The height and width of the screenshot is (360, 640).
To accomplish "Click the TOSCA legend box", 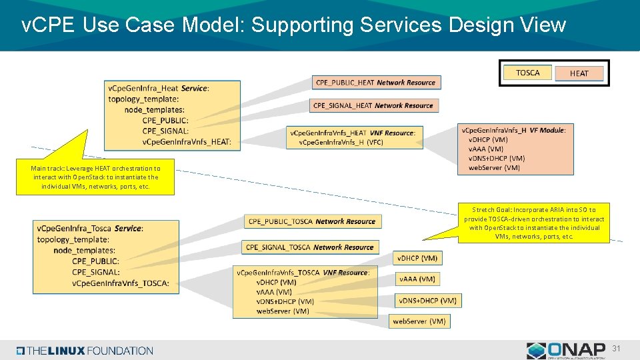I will (528, 73).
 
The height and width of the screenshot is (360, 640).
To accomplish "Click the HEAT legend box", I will (579, 73).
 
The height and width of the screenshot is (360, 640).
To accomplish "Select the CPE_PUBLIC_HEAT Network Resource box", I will (376, 83).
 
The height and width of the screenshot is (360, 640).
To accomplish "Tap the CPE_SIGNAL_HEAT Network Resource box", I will (373, 105).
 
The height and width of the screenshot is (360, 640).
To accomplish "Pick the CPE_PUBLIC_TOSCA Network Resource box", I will (313, 221).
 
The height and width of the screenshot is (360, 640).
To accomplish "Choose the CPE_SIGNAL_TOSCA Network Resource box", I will (310, 247).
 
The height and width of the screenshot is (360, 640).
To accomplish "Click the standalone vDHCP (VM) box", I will (418, 258).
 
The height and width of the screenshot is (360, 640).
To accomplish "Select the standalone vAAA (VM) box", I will (418, 279).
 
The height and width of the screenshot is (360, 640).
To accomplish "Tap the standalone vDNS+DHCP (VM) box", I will (427, 301).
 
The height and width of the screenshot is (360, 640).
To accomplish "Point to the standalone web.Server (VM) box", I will (419, 321).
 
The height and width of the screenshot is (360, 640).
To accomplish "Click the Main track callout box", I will (96, 177).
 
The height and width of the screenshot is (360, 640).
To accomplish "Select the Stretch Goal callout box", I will (534, 223).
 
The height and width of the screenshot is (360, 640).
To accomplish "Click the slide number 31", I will (617, 349).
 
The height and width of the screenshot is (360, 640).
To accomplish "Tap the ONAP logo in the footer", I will (566, 350).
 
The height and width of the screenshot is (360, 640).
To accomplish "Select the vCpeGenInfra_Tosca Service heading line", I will (90, 228).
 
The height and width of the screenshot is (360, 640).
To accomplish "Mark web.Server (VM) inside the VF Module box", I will (494, 167).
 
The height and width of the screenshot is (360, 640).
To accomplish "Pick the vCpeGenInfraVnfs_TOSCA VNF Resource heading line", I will (303, 273).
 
